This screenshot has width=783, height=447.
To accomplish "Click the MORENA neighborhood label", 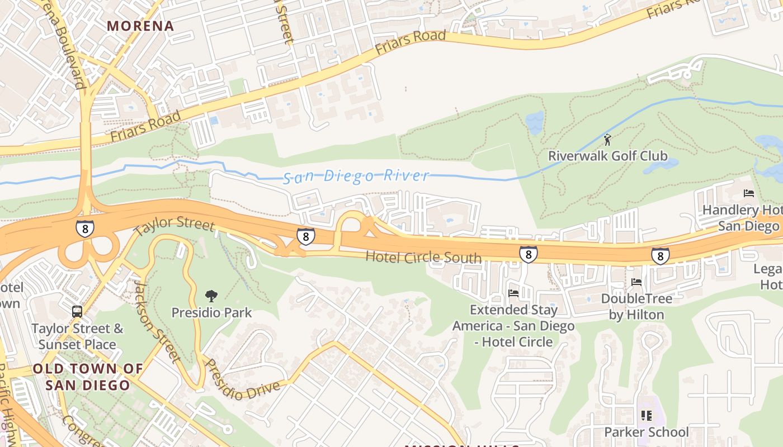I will click(x=140, y=26).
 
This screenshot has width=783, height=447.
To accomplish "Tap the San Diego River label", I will click(x=356, y=177).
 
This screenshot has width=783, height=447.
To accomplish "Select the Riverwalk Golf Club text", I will click(x=607, y=156).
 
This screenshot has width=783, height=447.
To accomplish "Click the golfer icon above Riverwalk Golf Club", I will click(x=607, y=139).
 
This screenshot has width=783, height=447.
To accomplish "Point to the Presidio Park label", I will click(x=211, y=312).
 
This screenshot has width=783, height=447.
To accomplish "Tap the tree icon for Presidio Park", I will click(x=211, y=296).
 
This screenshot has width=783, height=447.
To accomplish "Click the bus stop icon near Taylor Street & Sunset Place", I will click(x=77, y=312).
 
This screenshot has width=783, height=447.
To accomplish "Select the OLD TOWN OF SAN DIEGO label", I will click(x=88, y=377).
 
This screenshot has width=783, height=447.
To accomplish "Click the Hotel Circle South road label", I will click(x=423, y=257).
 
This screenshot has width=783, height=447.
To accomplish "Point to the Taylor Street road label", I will click(x=174, y=224).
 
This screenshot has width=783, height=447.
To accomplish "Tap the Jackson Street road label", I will click(x=157, y=322).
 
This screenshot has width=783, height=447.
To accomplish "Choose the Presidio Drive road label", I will click(x=242, y=380).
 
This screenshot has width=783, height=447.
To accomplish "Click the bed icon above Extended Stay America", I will click(x=513, y=293).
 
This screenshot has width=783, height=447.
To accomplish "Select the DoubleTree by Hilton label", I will click(x=636, y=307).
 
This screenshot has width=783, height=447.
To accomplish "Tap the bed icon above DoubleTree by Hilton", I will click(x=636, y=282).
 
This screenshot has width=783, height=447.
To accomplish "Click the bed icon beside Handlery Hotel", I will click(x=749, y=193).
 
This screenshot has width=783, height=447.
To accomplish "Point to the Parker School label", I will click(x=647, y=432).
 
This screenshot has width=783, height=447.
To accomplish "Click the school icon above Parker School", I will click(x=647, y=415).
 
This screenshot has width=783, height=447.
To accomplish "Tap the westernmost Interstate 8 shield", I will click(x=85, y=228).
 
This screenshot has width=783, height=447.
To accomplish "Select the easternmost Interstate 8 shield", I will click(x=660, y=256).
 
